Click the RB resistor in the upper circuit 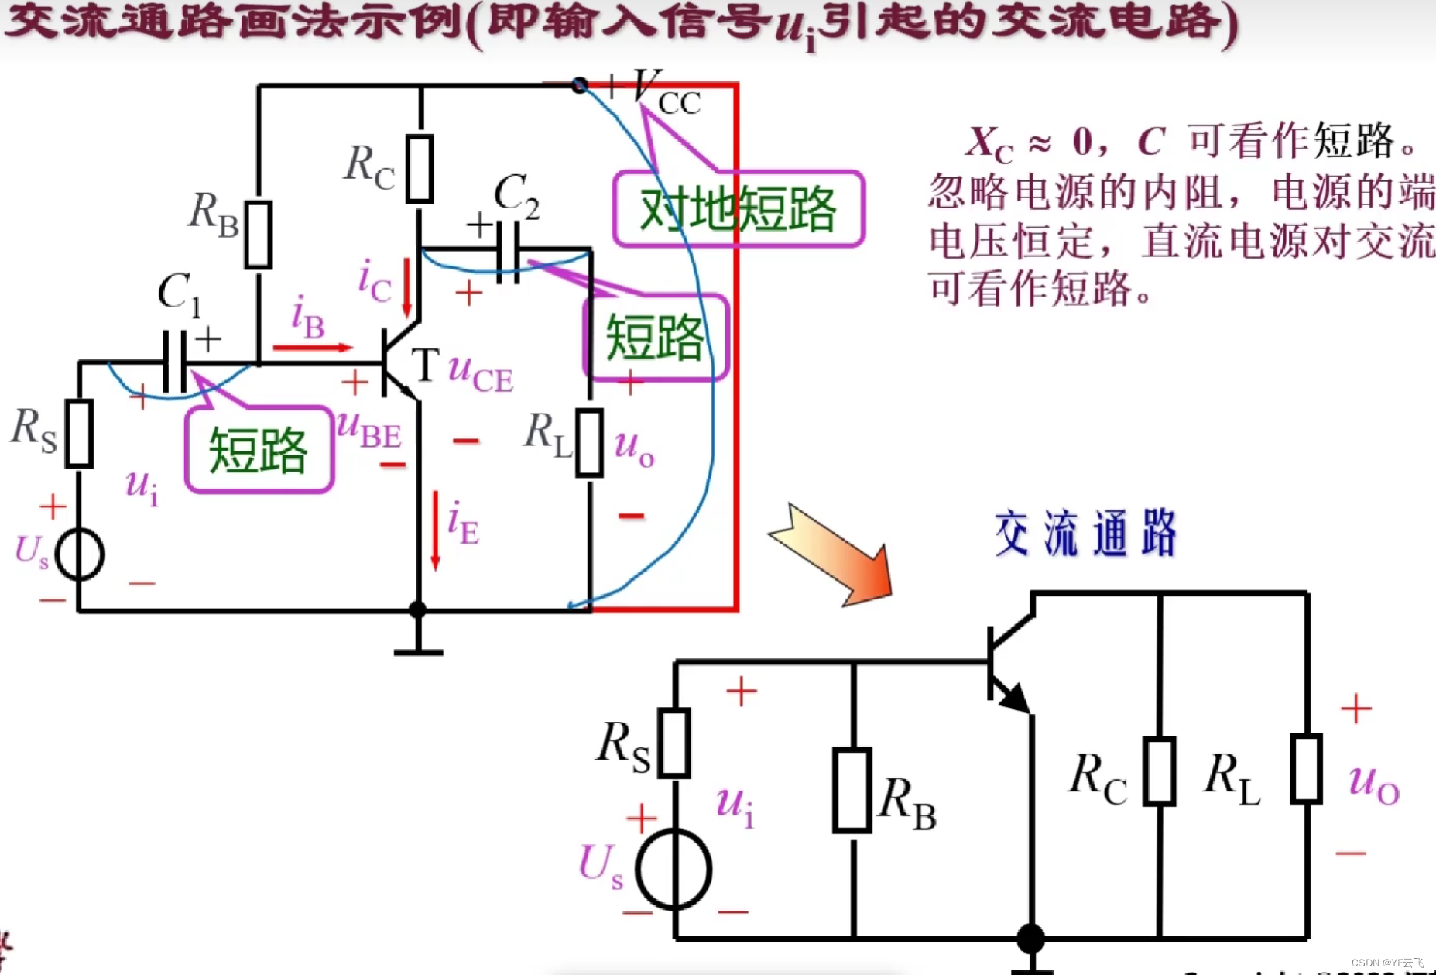pyautogui.click(x=258, y=235)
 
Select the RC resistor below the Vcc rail pyautogui.click(x=420, y=169)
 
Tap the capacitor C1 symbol pyautogui.click(x=175, y=362)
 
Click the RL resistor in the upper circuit pyautogui.click(x=590, y=442)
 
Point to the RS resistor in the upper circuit pyautogui.click(x=79, y=434)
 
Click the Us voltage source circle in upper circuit pyautogui.click(x=79, y=554)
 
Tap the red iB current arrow pyautogui.click(x=313, y=348)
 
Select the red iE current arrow pyautogui.click(x=436, y=530)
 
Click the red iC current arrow pyautogui.click(x=407, y=288)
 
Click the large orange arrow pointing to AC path pyautogui.click(x=832, y=555)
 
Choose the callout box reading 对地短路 pyautogui.click(x=739, y=209)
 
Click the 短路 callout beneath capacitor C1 pyautogui.click(x=259, y=450)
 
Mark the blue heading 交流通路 pyautogui.click(x=1085, y=534)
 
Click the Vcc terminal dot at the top pyautogui.click(x=579, y=85)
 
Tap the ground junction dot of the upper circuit pyautogui.click(x=418, y=610)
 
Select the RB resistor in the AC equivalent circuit pyautogui.click(x=852, y=790)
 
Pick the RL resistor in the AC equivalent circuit pyautogui.click(x=1306, y=769)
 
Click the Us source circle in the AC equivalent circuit pyautogui.click(x=673, y=869)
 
